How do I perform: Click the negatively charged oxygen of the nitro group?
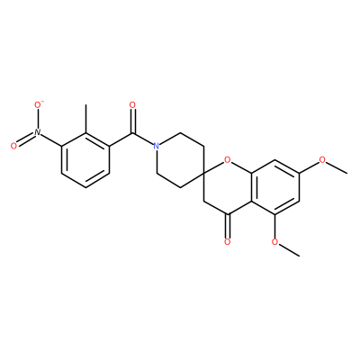tap(38, 105)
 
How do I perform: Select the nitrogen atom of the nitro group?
tap(37, 132)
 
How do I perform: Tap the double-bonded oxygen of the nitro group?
tap(13, 146)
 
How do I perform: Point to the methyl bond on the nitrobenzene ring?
tap(86, 119)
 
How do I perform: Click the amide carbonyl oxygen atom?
tap(132, 105)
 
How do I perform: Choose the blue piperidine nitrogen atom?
tap(156, 146)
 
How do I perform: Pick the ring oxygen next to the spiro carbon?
tap(228, 160)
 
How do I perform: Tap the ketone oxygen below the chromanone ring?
tap(228, 241)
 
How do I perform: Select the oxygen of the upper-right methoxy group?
tap(323, 159)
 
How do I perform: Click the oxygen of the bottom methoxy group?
tap(274, 241)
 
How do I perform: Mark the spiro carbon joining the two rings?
tap(203, 174)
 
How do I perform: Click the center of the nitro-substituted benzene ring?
tap(85, 160)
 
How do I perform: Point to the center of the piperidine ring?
tap(180, 160)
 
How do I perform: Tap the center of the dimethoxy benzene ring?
tap(275, 187)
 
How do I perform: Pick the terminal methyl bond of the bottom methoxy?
tap(289, 250)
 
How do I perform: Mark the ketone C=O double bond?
tap(228, 226)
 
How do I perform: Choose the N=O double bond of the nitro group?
tap(25, 139)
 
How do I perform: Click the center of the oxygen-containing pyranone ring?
tap(228, 187)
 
